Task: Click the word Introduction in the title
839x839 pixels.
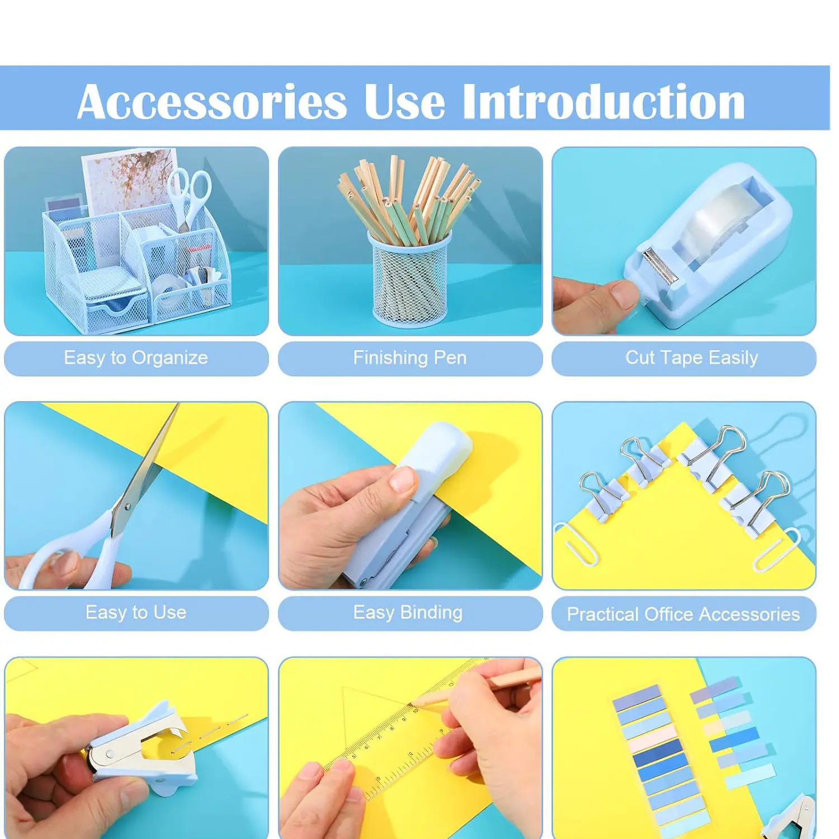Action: pyautogui.click(x=604, y=101)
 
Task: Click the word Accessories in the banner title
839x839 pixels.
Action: pyautogui.click(x=213, y=102)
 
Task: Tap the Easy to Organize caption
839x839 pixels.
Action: pyautogui.click(x=136, y=358)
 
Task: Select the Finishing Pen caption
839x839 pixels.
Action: pyautogui.click(x=410, y=357)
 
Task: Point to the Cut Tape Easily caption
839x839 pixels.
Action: pyautogui.click(x=692, y=358)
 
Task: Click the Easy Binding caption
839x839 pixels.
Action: pyautogui.click(x=408, y=612)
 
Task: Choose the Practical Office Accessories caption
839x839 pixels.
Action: pyautogui.click(x=684, y=614)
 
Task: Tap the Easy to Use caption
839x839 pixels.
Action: pyautogui.click(x=136, y=612)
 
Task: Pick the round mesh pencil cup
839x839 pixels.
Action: pyautogui.click(x=410, y=280)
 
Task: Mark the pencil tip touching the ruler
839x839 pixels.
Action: pyautogui.click(x=412, y=703)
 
